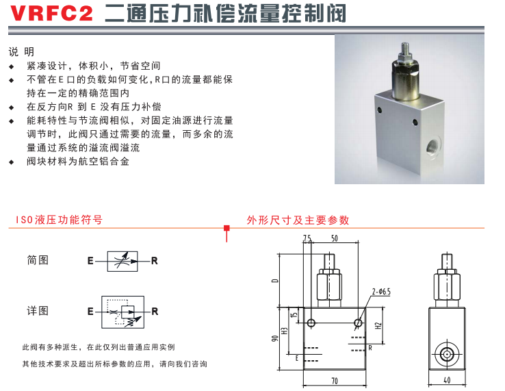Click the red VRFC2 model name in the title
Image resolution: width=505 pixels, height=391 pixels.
(51, 13)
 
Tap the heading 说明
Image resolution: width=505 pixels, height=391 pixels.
(21, 51)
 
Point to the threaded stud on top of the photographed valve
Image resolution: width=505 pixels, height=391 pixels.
(406, 50)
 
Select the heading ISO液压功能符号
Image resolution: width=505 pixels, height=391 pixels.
(60, 220)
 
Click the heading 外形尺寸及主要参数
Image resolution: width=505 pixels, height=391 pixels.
(298, 220)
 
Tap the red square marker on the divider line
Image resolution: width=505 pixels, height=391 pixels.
(226, 228)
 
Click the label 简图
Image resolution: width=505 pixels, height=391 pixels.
(38, 260)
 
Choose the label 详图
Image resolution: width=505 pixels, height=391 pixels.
(38, 311)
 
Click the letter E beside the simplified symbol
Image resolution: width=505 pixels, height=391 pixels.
(90, 261)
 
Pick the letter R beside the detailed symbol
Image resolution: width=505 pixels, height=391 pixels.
(155, 312)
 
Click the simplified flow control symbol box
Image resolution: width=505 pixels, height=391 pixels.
(122, 261)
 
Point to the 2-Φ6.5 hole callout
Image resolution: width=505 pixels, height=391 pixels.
(381, 292)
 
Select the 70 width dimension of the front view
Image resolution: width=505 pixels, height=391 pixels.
(335, 381)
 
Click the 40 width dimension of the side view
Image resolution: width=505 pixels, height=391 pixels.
(447, 380)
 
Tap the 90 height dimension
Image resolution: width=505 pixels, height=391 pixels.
(274, 339)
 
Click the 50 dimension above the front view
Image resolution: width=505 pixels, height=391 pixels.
(335, 238)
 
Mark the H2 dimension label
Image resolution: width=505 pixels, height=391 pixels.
(378, 326)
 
